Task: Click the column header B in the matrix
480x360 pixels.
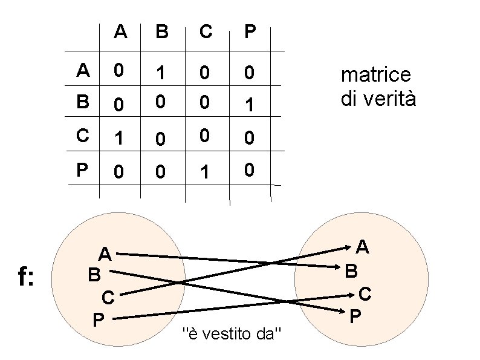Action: coord(162,31)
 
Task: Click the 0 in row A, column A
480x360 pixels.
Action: coord(119,71)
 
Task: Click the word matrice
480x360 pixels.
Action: coord(376,75)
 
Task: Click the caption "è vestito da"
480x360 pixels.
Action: coord(232,333)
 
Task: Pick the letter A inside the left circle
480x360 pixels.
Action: coord(105,254)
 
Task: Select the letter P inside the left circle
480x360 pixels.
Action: coord(97,318)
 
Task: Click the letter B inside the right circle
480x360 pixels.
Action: coord(351,270)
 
